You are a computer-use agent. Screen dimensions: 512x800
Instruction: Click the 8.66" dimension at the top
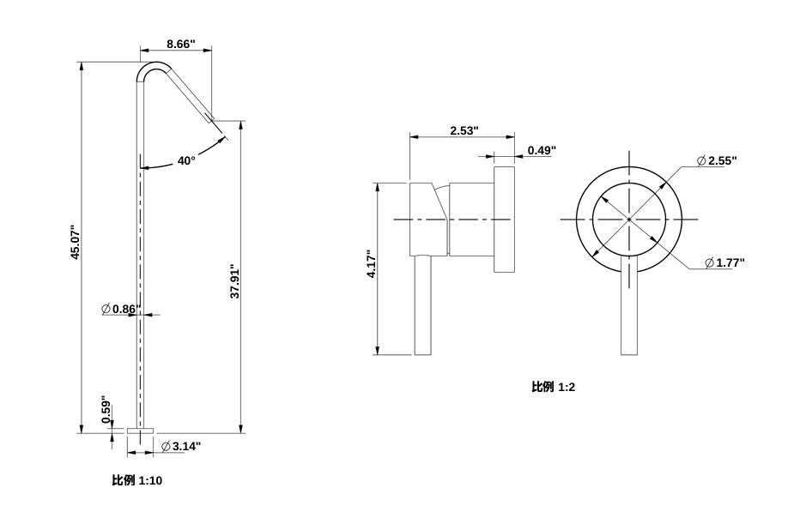(180, 43)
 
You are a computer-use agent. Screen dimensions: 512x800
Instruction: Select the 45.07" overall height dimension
(75, 243)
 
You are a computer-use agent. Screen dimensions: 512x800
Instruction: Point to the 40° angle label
(186, 160)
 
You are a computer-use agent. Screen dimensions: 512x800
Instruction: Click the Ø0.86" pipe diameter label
(120, 308)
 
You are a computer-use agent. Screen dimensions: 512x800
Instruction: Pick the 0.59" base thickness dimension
(106, 410)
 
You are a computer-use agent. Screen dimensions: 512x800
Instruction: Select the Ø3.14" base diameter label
(181, 446)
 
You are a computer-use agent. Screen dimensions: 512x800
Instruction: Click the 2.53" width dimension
(464, 130)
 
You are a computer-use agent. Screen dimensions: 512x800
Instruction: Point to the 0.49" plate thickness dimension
(541, 150)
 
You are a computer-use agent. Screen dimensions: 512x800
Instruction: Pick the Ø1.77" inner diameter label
(724, 262)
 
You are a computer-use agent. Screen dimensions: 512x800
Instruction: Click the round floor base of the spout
(139, 430)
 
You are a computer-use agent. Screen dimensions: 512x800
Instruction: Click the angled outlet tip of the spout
(209, 115)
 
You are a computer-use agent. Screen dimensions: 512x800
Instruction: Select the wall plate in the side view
(504, 220)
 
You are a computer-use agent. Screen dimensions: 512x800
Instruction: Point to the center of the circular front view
(629, 220)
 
